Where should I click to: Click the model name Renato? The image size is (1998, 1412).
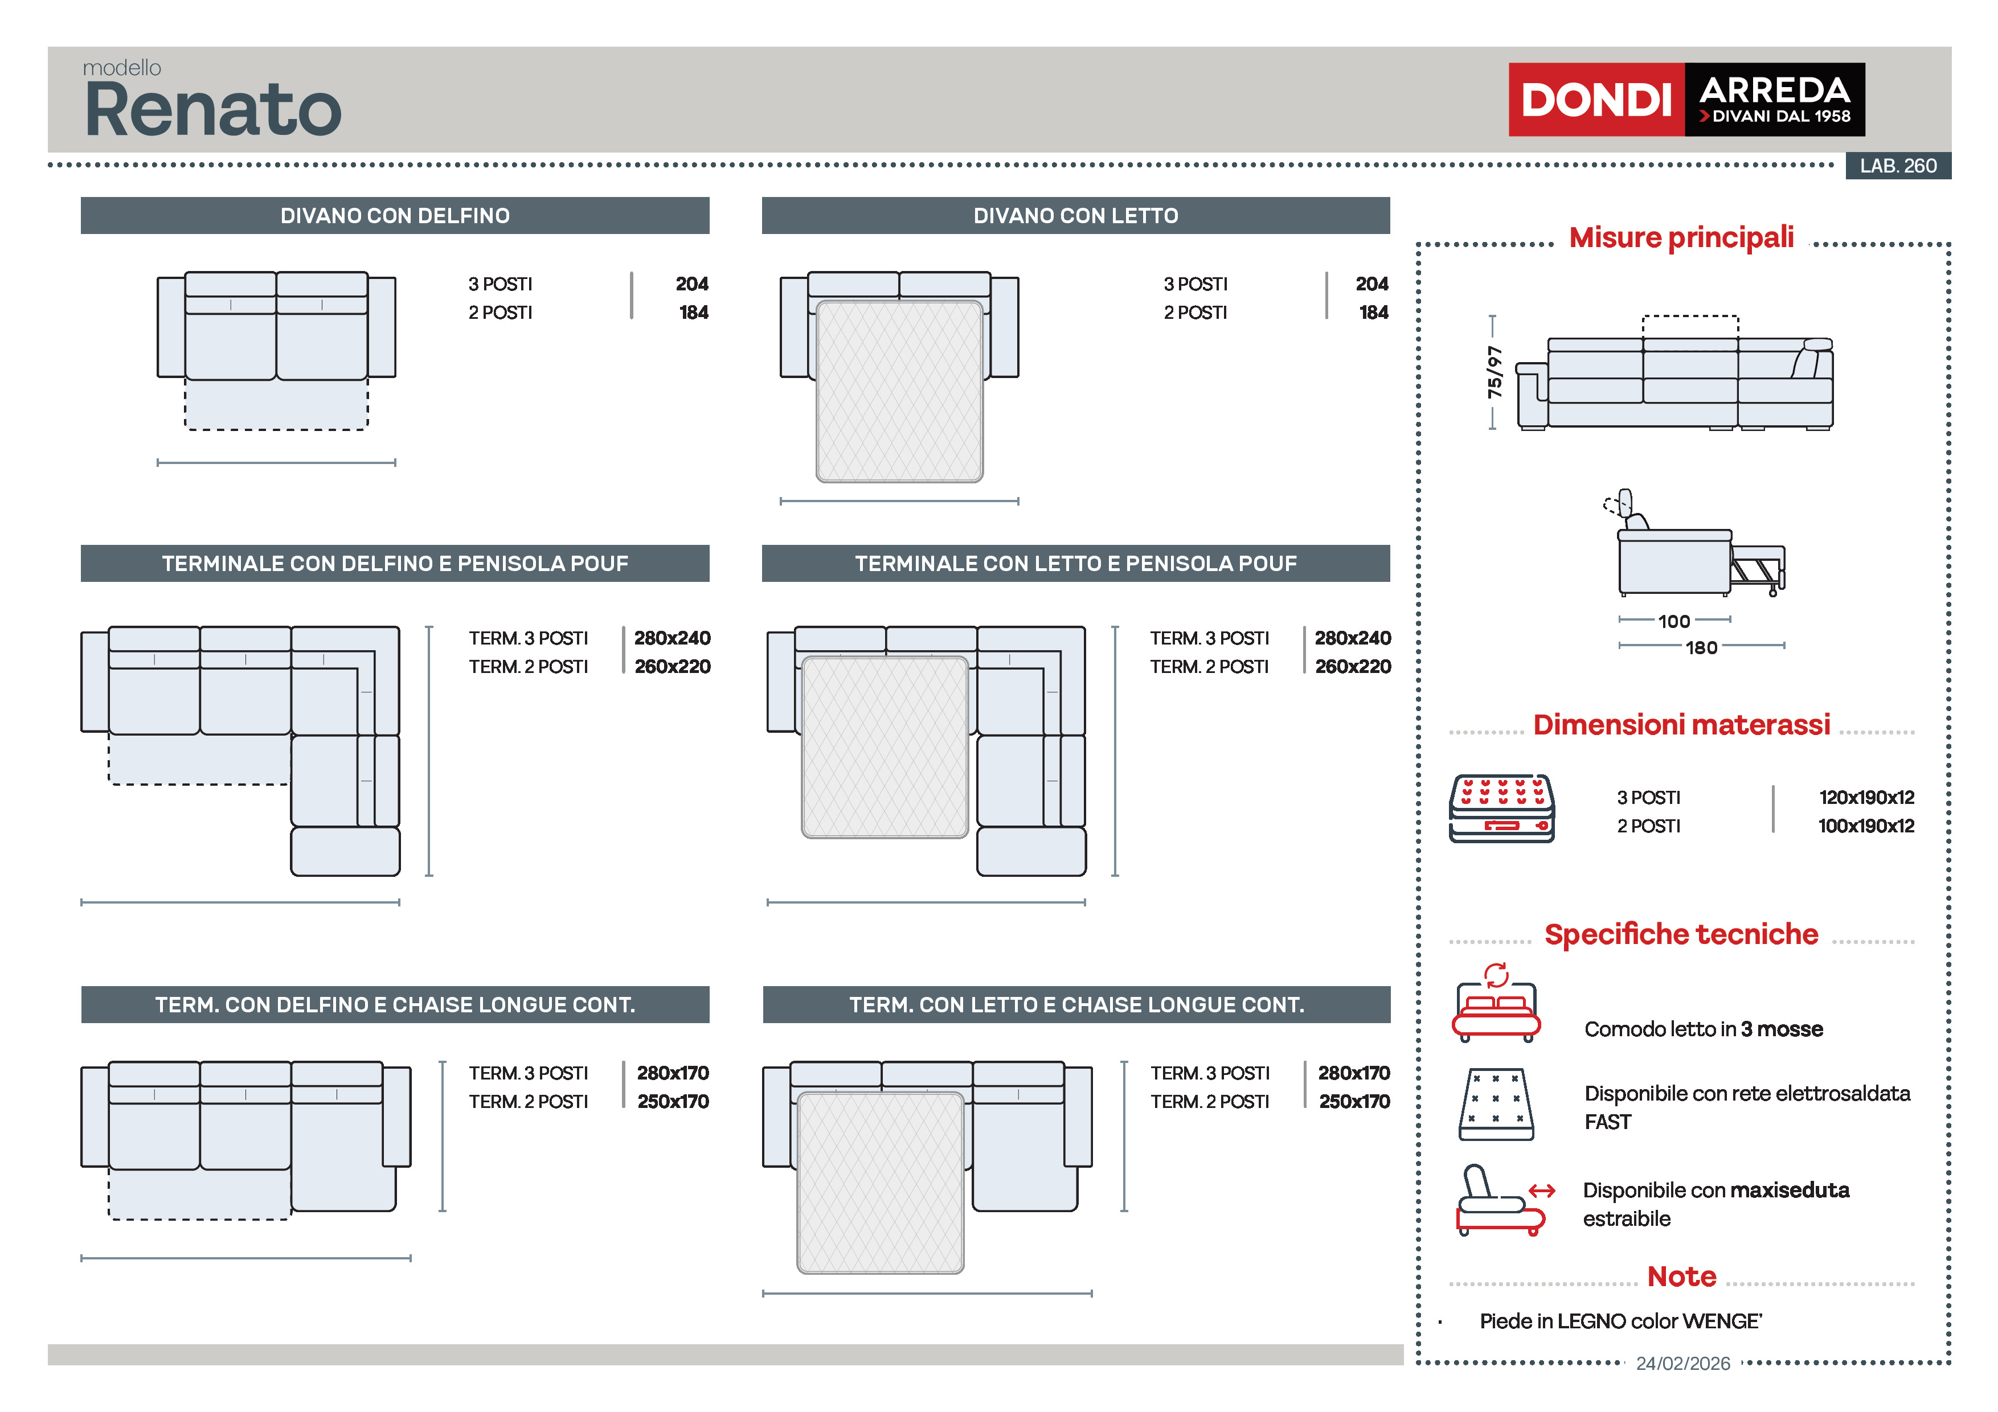213,110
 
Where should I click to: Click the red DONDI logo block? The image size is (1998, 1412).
1596,99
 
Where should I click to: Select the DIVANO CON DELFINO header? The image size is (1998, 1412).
395,216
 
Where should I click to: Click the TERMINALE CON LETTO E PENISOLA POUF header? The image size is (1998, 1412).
1075,564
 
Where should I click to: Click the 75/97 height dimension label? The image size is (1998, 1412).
1494,372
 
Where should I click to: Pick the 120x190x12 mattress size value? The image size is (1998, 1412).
1866,797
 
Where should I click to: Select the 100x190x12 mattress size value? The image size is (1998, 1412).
1866,826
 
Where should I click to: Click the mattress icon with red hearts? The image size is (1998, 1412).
1501,808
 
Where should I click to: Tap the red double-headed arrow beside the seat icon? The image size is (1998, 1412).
1541,1191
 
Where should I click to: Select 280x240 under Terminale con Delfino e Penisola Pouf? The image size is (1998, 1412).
672,638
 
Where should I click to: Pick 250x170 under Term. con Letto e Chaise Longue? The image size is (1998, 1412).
1354,1101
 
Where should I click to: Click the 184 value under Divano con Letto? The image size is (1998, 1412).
1373,313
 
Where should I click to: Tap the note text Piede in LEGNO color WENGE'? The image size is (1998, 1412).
1620,1321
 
